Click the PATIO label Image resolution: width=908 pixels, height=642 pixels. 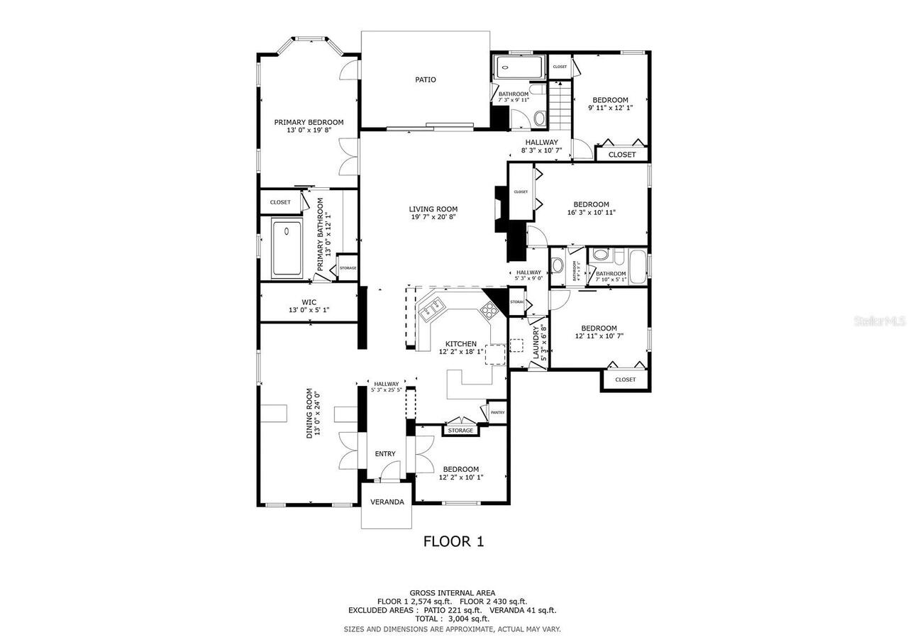[426, 79]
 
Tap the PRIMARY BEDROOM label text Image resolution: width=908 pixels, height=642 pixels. [309, 122]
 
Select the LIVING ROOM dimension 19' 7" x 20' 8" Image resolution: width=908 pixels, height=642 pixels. [433, 218]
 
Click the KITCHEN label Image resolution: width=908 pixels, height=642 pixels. [460, 343]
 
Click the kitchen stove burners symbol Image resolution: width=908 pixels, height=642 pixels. [489, 309]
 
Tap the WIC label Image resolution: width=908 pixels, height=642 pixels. [309, 301]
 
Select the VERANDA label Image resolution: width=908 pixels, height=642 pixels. [387, 502]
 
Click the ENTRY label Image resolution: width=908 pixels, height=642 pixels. [385, 454]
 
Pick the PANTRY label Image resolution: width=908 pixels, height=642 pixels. [497, 412]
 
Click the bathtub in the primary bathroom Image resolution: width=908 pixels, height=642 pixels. [287, 248]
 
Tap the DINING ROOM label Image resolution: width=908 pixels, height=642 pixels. [309, 413]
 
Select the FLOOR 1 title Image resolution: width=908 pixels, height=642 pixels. [453, 541]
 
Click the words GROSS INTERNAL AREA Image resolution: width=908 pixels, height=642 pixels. [453, 593]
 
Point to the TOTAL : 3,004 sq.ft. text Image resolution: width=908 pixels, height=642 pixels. [453, 619]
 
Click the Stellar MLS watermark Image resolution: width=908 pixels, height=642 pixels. [880, 321]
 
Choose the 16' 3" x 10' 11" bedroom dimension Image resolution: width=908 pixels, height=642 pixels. [592, 213]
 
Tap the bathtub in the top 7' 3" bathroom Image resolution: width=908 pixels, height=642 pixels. [518, 68]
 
